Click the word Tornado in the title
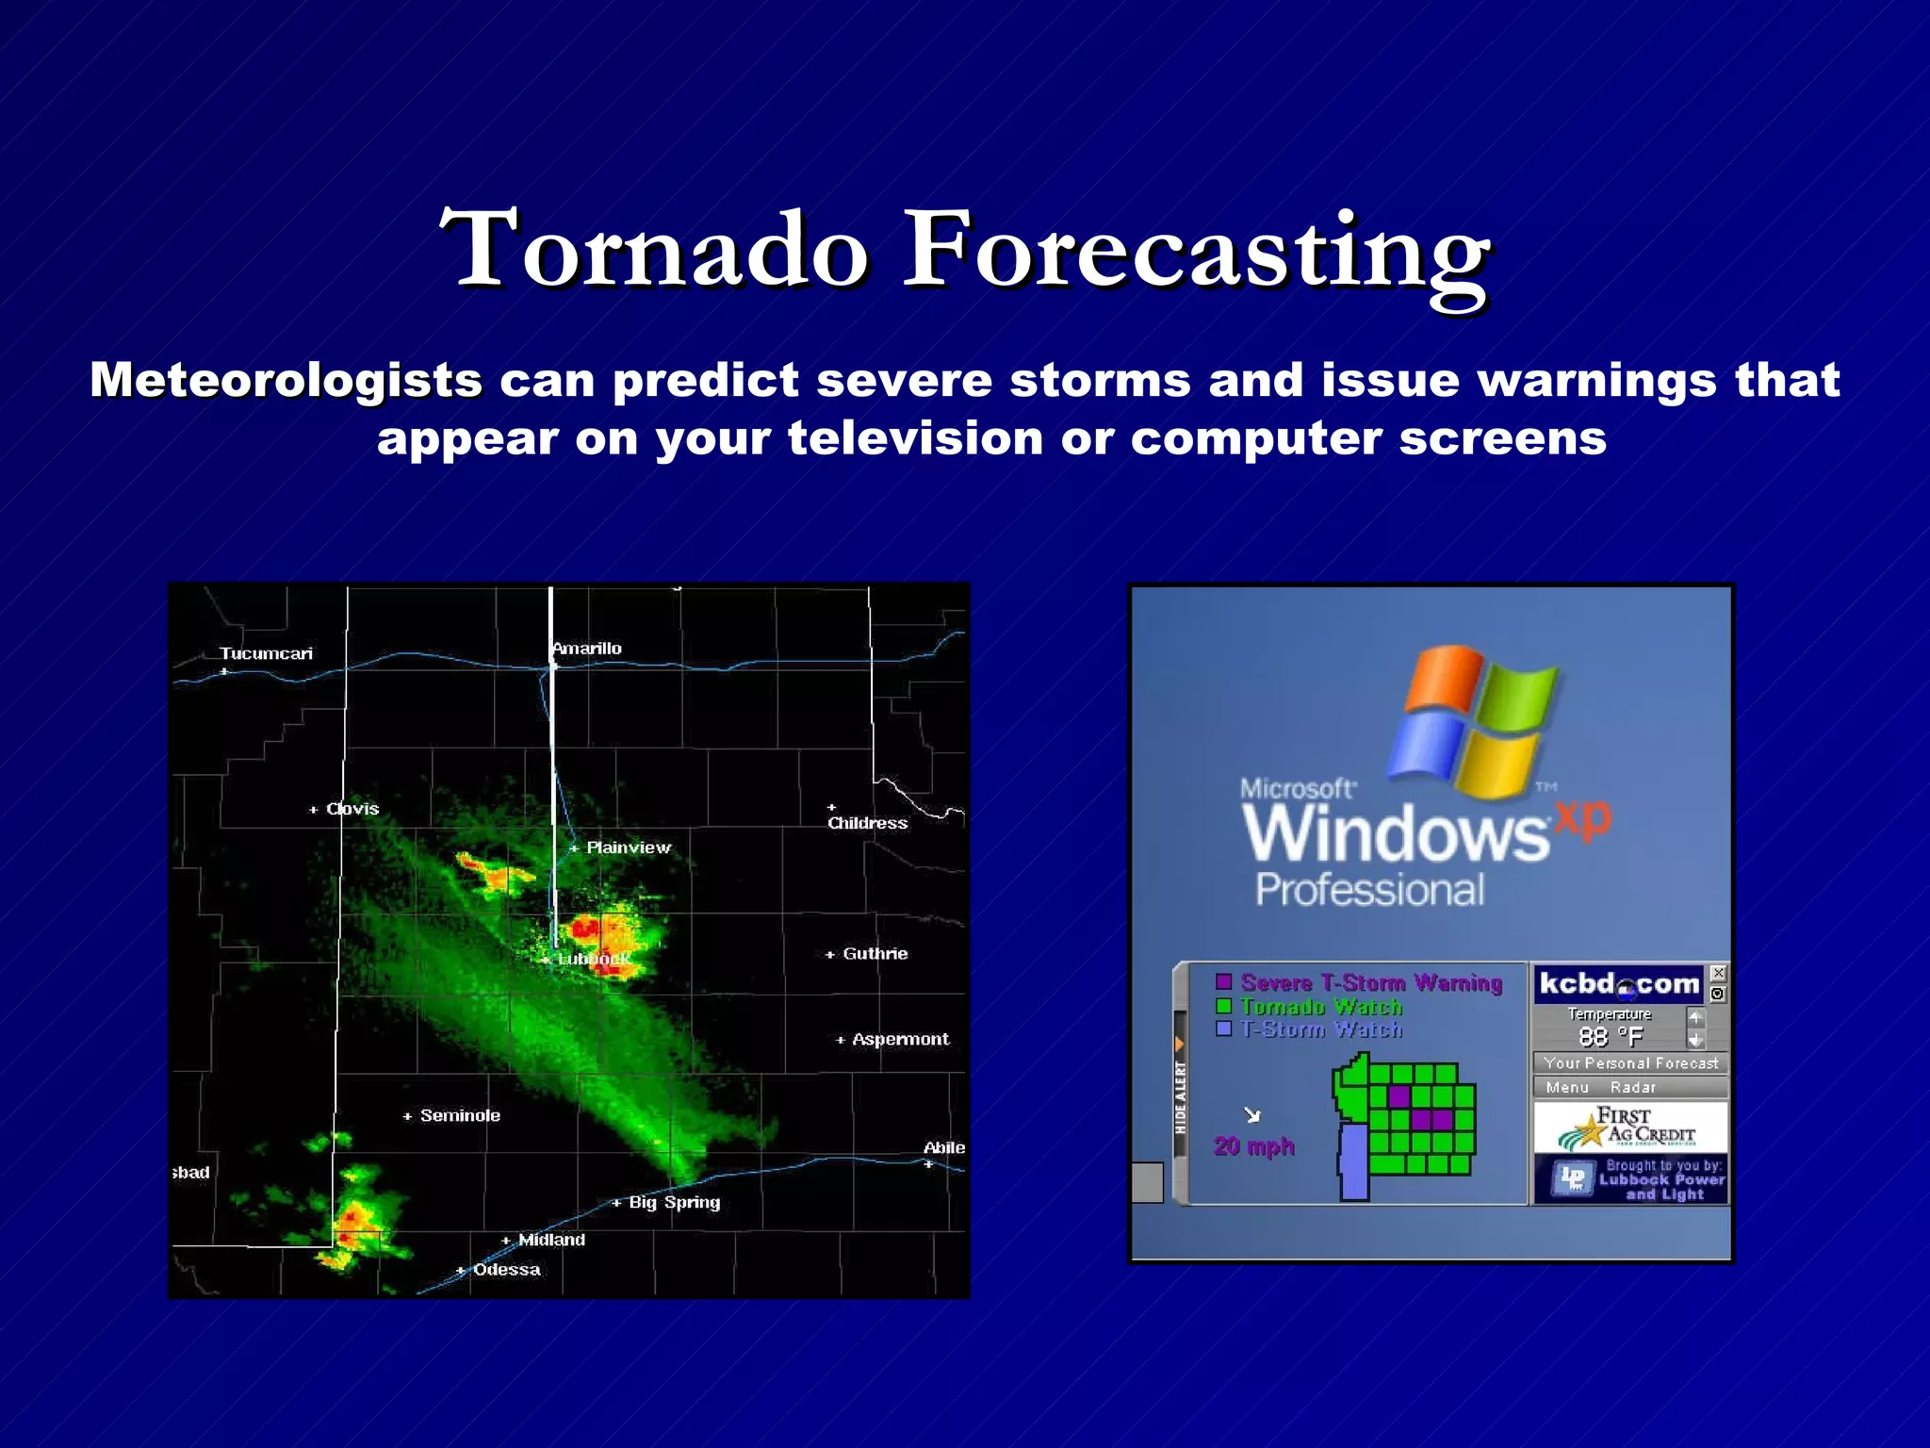(653, 250)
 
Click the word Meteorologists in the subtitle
(286, 380)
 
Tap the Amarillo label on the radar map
(587, 649)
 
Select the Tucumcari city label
(266, 653)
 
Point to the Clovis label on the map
(352, 809)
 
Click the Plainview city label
(628, 847)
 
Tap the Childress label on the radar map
(867, 823)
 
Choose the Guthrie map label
(875, 954)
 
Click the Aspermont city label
(900, 1039)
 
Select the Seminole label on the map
(460, 1115)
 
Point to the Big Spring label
(674, 1202)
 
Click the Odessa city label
(506, 1270)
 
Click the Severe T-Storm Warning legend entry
(1370, 982)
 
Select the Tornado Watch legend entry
(1320, 1007)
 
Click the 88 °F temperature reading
(1610, 1037)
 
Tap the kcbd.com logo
(1618, 984)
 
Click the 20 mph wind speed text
(1254, 1146)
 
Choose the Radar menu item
(1632, 1087)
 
